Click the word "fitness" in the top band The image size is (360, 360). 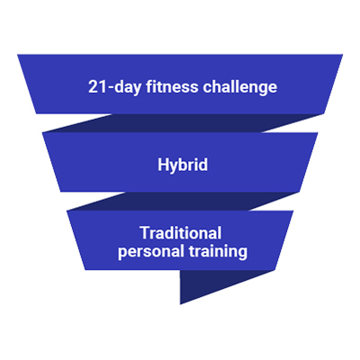pyautogui.click(x=172, y=87)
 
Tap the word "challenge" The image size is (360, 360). pyautogui.click(x=240, y=88)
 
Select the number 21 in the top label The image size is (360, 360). pyautogui.click(x=97, y=87)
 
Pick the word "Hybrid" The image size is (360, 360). pyautogui.click(x=183, y=165)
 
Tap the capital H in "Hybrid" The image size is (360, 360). pyautogui.click(x=164, y=165)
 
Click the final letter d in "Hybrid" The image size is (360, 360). pyautogui.click(x=202, y=165)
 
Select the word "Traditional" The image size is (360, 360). pyautogui.click(x=181, y=233)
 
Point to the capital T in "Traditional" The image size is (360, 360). pyautogui.click(x=145, y=233)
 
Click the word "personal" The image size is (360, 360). pyautogui.click(x=151, y=251)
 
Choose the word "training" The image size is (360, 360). pyautogui.click(x=218, y=251)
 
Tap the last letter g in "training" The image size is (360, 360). pyautogui.click(x=243, y=253)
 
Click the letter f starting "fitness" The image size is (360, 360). pyautogui.click(x=149, y=86)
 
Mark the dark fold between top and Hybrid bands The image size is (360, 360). pyautogui.click(x=183, y=123)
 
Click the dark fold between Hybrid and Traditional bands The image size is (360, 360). pyautogui.click(x=183, y=201)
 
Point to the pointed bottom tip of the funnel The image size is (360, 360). pyautogui.click(x=181, y=304)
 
